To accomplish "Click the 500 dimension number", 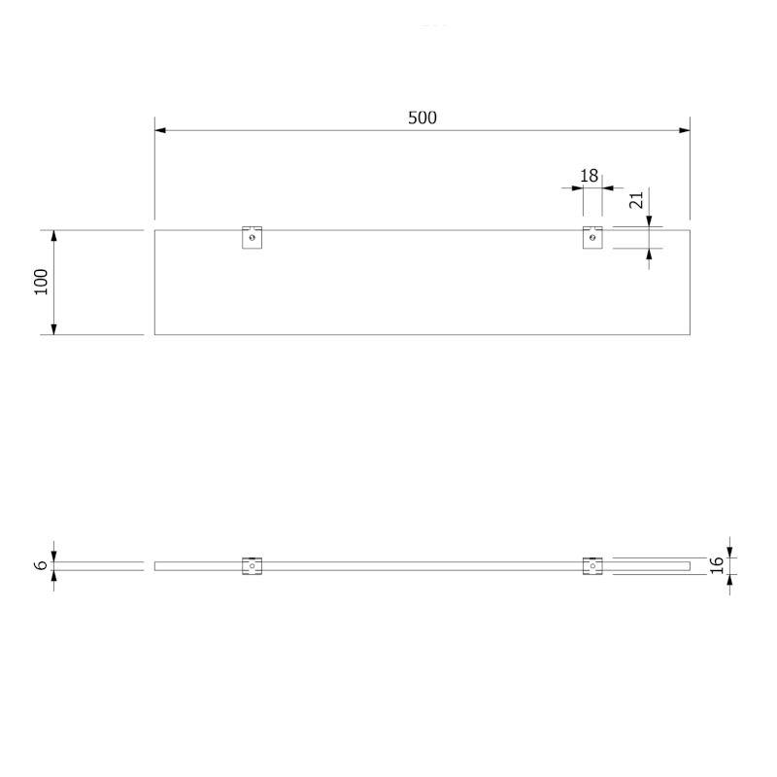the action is click(422, 118).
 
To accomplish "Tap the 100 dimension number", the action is click(41, 282).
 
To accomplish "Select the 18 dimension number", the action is click(590, 176).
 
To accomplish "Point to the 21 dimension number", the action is click(636, 200).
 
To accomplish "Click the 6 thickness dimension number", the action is click(42, 565).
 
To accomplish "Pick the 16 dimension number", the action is click(717, 565).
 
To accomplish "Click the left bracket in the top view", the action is click(252, 237).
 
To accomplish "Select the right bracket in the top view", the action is click(592, 237).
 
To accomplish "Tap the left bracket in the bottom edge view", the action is click(252, 566).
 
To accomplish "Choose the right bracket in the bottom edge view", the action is click(592, 566).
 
